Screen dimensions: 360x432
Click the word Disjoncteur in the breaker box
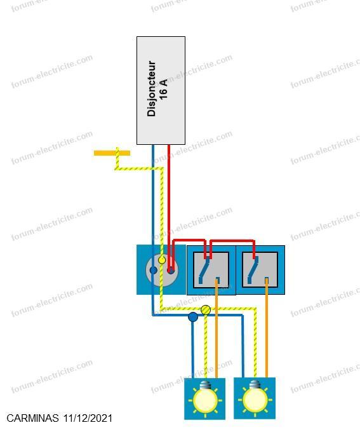(x=152, y=89)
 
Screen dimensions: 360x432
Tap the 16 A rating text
(x=163, y=90)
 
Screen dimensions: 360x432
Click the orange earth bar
(x=112, y=153)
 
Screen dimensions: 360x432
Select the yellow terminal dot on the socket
(x=162, y=260)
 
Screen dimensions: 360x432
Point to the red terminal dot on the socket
(x=171, y=271)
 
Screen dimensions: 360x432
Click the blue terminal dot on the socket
(x=154, y=270)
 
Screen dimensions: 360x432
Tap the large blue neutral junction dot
(x=193, y=317)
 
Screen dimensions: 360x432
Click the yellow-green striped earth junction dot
(x=206, y=310)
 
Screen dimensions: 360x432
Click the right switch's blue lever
(x=253, y=270)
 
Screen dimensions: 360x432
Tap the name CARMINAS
(x=32, y=418)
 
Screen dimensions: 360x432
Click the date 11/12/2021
(x=88, y=418)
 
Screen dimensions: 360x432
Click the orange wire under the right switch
(x=267, y=327)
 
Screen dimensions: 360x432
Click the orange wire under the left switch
(x=217, y=328)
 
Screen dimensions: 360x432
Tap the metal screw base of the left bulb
(x=204, y=384)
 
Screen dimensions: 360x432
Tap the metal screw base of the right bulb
(x=255, y=384)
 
